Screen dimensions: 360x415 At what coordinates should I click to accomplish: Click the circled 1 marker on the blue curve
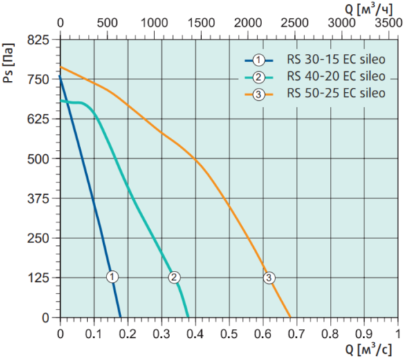click(x=113, y=277)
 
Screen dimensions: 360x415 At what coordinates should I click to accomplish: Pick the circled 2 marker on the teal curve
click(x=174, y=277)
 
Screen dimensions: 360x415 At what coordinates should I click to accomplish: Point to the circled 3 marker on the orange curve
click(x=269, y=278)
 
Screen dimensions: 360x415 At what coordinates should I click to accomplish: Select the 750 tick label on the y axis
click(x=39, y=79)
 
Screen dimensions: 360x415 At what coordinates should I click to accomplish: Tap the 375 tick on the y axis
click(x=39, y=199)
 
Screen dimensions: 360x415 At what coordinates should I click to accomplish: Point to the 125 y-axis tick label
click(x=39, y=278)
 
